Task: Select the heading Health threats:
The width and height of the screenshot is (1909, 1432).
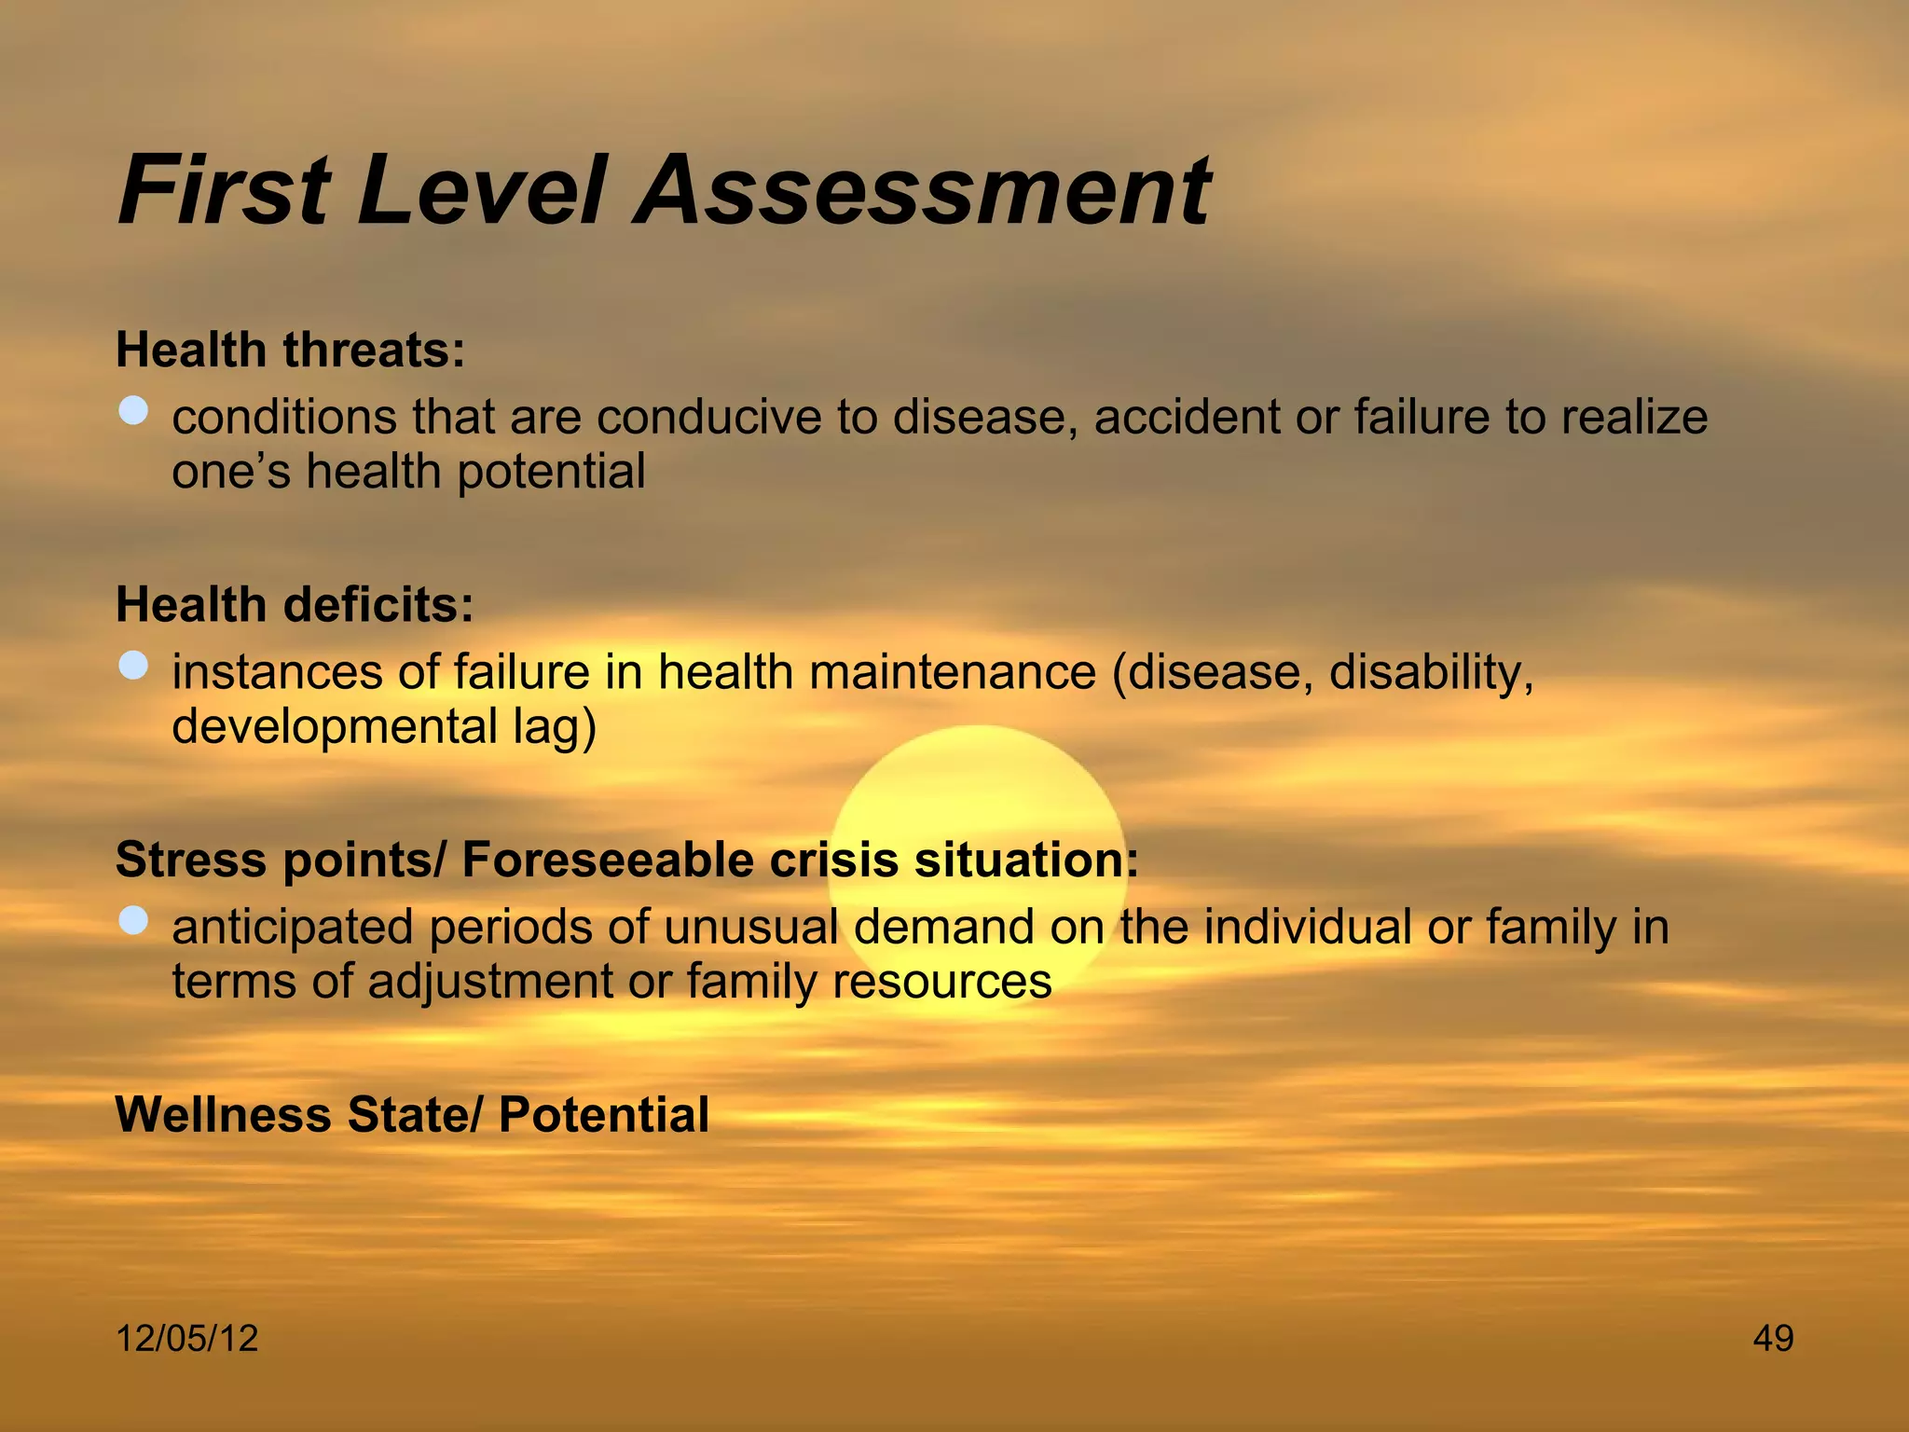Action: (290, 351)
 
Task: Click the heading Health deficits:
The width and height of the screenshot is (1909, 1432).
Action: (295, 605)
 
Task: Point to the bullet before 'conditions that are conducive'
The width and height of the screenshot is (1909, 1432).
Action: (134, 411)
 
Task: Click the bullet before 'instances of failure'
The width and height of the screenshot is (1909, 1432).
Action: (134, 666)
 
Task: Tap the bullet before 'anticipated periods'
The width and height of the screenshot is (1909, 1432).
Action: (134, 921)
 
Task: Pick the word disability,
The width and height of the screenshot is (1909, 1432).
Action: (1432, 672)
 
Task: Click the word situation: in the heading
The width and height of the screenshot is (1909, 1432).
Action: (1026, 860)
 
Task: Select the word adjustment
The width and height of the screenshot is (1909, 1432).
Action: (490, 982)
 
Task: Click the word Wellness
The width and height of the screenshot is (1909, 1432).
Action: (223, 1115)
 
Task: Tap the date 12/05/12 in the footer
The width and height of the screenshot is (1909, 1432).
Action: (187, 1339)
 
